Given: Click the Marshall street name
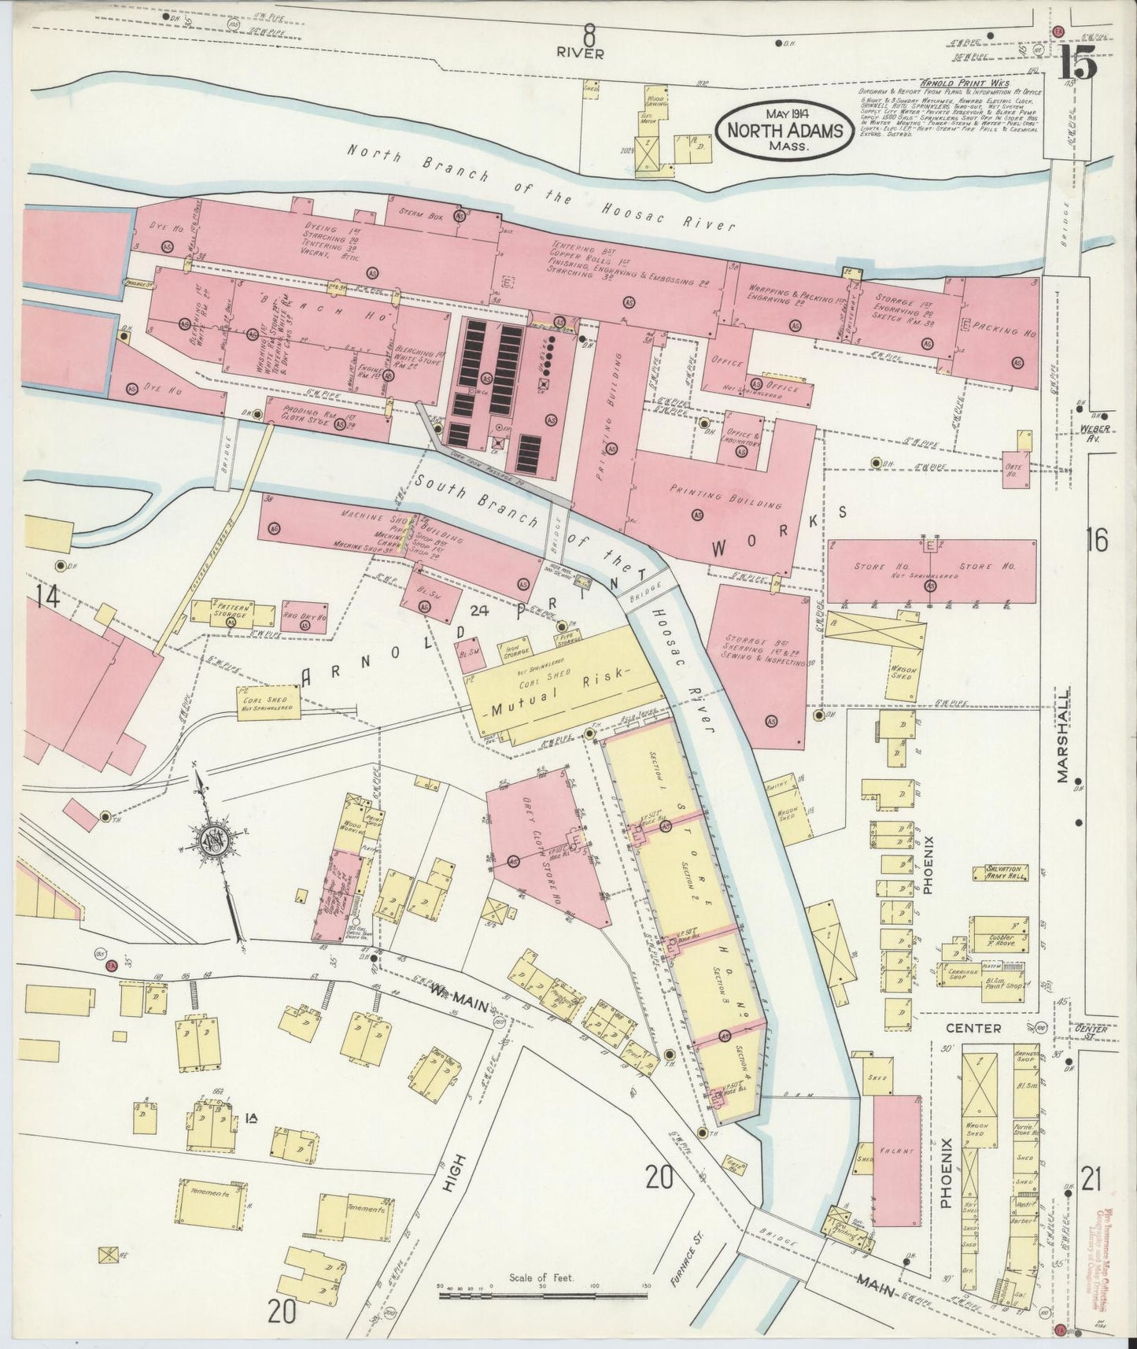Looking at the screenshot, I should (1064, 737).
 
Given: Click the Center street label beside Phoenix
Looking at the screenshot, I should (973, 1029).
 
